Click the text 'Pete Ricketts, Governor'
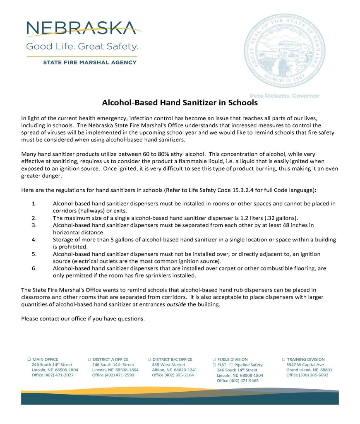(x=284, y=96)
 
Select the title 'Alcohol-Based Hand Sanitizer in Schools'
(x=180, y=102)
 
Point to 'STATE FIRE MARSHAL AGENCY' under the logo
(x=90, y=63)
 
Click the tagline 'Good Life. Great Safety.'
(x=82, y=46)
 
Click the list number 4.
(x=34, y=240)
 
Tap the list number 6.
(x=34, y=268)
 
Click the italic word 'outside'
(x=176, y=305)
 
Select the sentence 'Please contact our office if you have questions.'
(x=83, y=319)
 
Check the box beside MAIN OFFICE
(x=29, y=359)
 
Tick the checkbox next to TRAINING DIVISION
(x=283, y=359)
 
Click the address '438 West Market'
(x=168, y=365)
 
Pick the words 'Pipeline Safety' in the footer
(x=248, y=365)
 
